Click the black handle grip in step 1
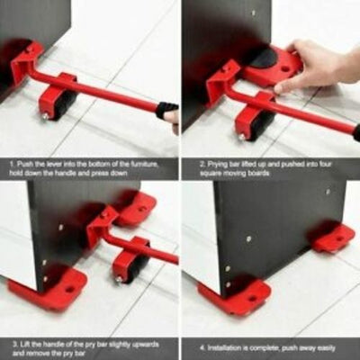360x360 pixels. [x=166, y=111]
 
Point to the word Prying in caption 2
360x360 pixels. [x=212, y=164]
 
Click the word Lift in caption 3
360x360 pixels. [x=24, y=344]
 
